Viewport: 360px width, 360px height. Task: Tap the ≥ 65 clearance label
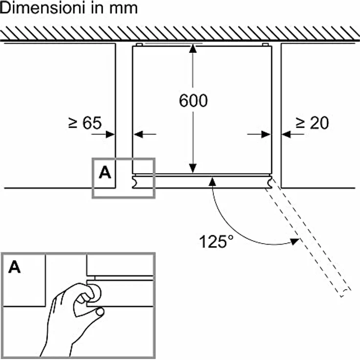click(x=85, y=123)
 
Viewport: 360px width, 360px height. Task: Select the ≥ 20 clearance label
click(x=313, y=123)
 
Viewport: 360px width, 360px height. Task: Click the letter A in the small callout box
click(x=105, y=172)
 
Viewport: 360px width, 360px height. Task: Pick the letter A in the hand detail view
click(x=15, y=268)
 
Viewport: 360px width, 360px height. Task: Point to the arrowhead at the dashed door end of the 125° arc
click(x=294, y=241)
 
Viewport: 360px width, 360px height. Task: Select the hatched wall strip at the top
click(x=180, y=33)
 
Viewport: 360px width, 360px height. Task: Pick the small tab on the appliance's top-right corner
click(x=266, y=45)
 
